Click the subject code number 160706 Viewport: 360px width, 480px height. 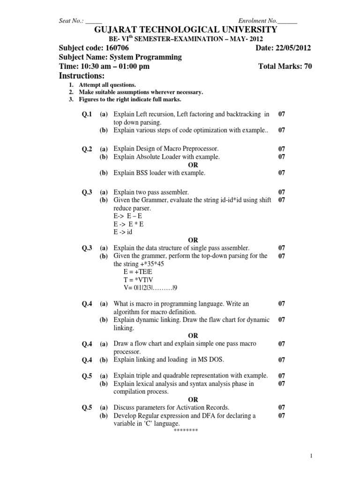coord(114,48)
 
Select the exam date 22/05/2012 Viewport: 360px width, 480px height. coord(293,48)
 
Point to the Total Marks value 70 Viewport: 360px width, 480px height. coord(307,67)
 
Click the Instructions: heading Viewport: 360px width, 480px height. coord(82,76)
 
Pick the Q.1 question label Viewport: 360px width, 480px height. coord(87,114)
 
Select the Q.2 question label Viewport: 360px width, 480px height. coord(87,149)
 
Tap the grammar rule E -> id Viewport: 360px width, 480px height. coord(123,232)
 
